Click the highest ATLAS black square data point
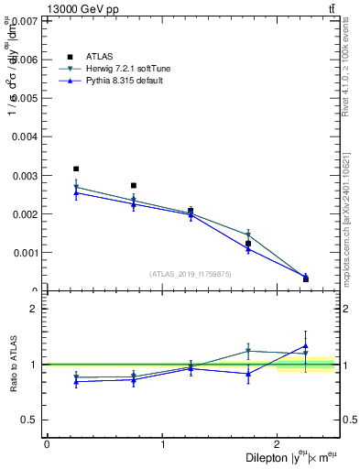76,169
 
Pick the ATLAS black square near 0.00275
134,185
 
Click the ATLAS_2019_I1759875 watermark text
191,274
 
